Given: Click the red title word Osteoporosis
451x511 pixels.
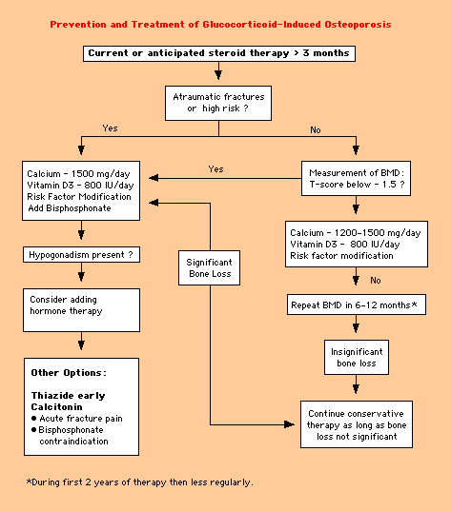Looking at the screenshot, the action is pos(358,25).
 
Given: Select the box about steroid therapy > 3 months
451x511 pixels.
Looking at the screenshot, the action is pos(219,53).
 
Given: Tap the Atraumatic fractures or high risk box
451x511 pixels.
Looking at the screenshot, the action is pos(218,103).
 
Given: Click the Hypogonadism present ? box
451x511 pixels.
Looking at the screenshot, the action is pos(81,254).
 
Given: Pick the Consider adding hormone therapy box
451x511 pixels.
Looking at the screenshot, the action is pos(81,310).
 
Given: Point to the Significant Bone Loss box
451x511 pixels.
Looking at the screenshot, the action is pos(210,268).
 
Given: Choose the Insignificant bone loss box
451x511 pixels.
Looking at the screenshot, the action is pos(357,357).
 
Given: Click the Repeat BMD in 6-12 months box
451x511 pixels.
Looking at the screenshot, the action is pos(357,305).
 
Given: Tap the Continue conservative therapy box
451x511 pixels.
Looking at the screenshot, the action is pos(357,424).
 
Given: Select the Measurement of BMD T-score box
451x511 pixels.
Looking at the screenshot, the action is pos(356,178).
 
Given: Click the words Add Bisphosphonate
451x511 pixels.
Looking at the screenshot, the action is pos(70,208).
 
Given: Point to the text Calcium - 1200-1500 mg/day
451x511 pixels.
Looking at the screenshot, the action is pos(356,233).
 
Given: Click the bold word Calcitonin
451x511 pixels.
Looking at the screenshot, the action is pos(56,406).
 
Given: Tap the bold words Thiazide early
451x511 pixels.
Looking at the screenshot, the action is pos(68,396).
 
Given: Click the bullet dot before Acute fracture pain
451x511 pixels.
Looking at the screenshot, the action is pos(34,418).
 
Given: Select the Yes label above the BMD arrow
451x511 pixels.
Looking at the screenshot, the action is pos(215,169).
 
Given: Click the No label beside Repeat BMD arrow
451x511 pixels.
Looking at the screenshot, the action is pos(376,281).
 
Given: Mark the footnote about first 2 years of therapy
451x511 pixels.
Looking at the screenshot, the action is pos(140,482).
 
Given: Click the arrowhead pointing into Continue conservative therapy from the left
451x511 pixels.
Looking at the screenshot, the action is pos(289,424).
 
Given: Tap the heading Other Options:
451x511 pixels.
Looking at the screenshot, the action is pos(69,373).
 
